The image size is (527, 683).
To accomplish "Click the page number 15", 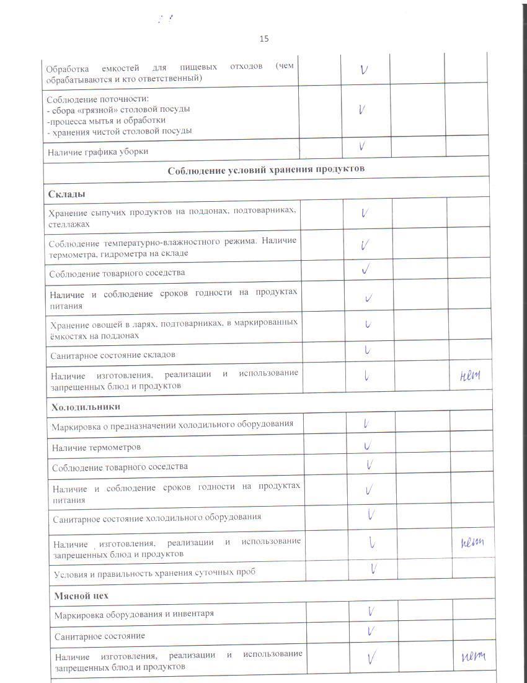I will (264, 38).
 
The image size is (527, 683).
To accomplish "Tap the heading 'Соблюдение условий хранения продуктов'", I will (266, 169).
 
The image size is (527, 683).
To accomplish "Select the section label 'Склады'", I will (67, 194).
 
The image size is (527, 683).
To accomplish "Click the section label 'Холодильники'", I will (86, 407).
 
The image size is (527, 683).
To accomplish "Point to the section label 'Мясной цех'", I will (81, 595).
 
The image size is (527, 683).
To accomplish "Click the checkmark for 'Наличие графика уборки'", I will (362, 147).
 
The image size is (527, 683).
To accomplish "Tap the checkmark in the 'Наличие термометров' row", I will (368, 446).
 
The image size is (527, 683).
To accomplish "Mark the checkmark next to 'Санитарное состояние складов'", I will (367, 351).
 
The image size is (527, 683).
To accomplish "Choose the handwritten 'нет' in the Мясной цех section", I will (474, 657).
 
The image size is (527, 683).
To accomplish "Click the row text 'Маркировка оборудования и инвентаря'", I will (134, 614).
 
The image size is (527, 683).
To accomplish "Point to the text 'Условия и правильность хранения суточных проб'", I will (154, 572).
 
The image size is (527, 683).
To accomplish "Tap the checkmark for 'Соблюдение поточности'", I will (361, 110).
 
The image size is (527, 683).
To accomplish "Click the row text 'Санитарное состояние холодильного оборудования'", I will (157, 517).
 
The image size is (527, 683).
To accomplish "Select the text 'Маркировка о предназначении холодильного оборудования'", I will (172, 425).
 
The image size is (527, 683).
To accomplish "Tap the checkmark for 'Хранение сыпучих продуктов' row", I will (365, 213).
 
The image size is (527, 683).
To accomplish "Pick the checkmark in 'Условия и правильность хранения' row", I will (374, 568).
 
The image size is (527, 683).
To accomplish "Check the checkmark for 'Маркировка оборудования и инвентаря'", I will (370, 611).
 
